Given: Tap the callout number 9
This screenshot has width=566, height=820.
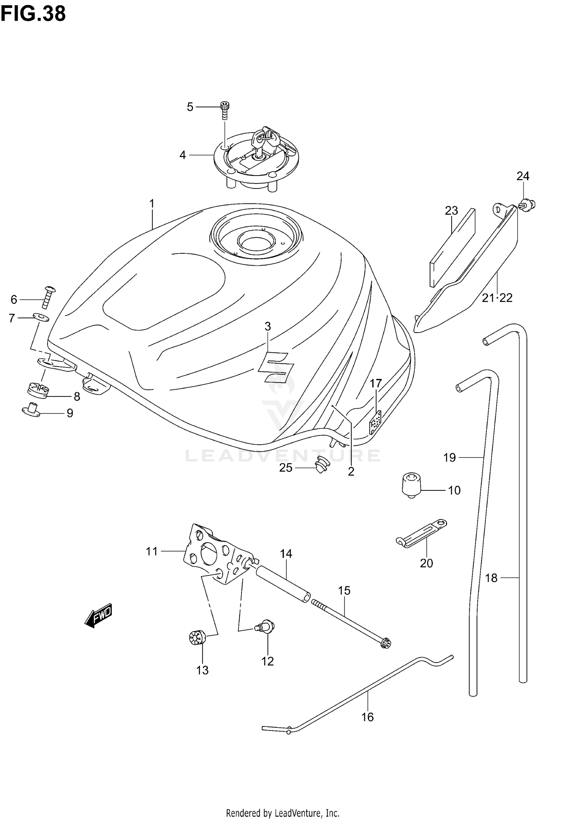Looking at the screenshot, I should coord(70,413).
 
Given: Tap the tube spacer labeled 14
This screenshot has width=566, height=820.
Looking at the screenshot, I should coord(283,587).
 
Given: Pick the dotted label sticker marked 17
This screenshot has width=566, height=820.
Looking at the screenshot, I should coord(375,422).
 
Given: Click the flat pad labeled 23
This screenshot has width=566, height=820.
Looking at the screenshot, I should coord(452,248).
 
